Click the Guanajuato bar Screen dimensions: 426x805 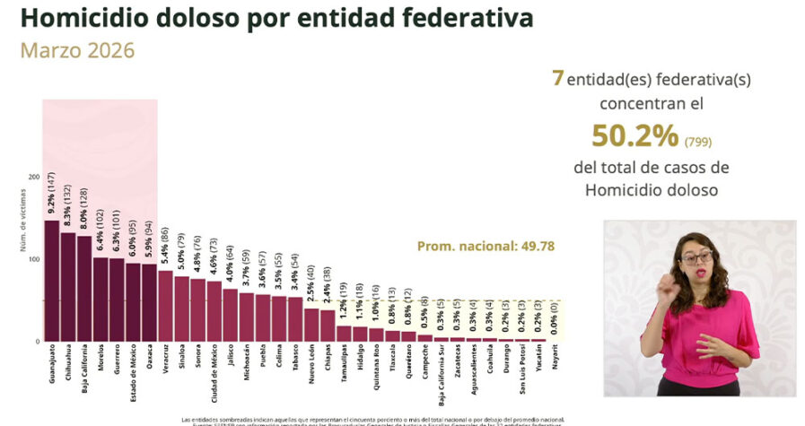pos(51,281)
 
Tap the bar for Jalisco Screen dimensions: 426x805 pos(231,314)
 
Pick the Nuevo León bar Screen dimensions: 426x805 pos(311,324)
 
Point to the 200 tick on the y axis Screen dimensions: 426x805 pos(34,177)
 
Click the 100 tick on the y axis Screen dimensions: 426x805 pos(34,259)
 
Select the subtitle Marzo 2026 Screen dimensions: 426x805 pos(77,50)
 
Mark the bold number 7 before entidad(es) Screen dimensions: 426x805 pos(557,79)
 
